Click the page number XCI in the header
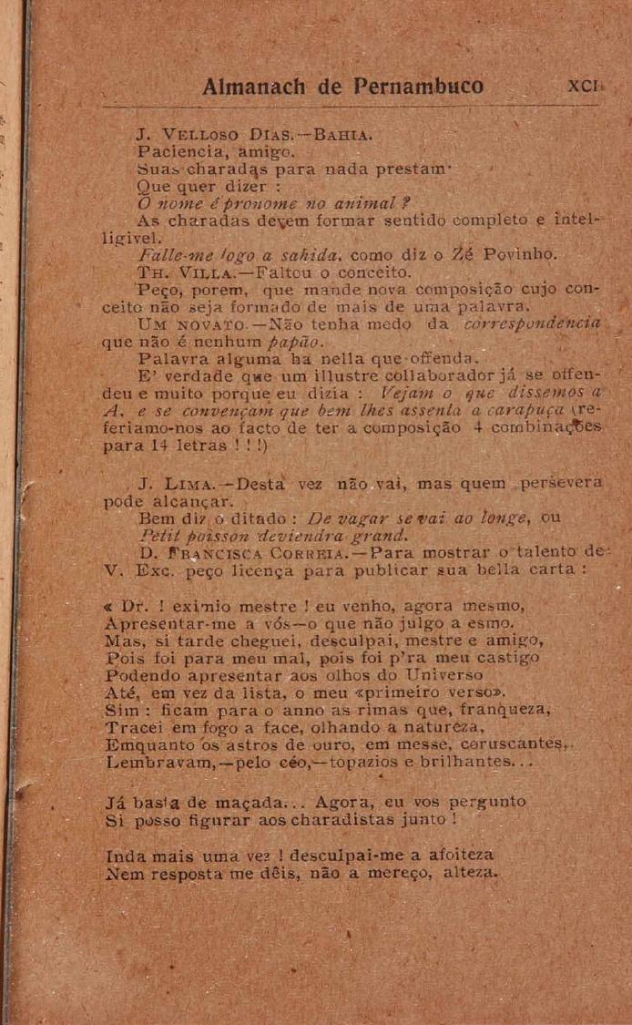(583, 89)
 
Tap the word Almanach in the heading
(257, 88)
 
